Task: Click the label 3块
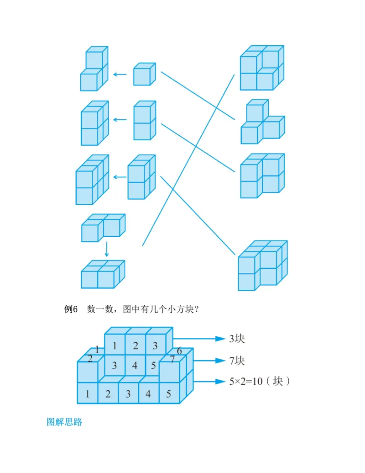[237, 339]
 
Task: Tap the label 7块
[237, 361]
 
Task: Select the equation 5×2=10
[246, 382]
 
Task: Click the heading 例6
[71, 309]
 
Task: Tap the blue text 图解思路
[64, 422]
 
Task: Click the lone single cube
[145, 74]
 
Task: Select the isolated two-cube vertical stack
[145, 120]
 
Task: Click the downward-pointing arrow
[107, 249]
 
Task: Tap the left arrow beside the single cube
[120, 74]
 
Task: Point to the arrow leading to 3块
[199, 339]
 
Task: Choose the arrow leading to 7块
[209, 361]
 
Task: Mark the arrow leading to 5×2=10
[209, 382]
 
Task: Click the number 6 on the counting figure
[179, 351]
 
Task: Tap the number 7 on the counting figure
[172, 359]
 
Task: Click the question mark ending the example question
[197, 309]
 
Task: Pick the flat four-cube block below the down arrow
[103, 274]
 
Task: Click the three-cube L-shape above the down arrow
[103, 228]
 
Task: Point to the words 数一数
[100, 309]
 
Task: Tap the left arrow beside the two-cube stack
[120, 120]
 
